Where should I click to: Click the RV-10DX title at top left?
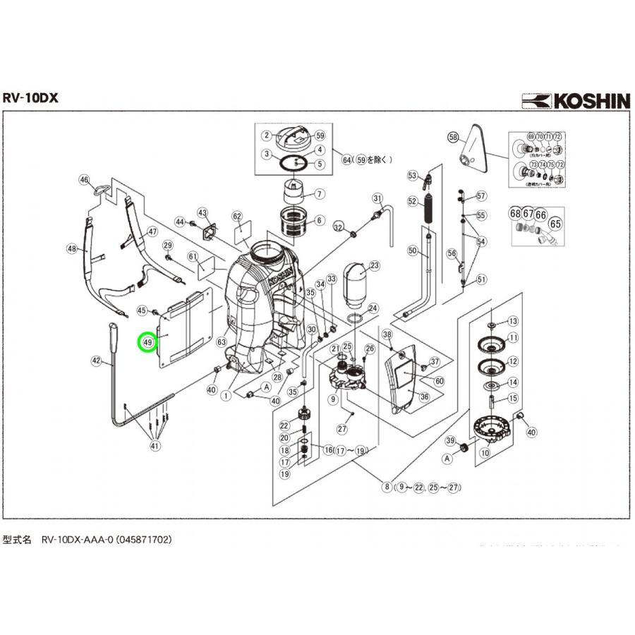click(30, 98)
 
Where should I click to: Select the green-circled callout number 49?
click(147, 342)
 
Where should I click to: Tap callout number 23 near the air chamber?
click(375, 266)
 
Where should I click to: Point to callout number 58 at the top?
click(453, 137)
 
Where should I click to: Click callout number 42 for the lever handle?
click(97, 361)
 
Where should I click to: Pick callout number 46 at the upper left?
click(85, 181)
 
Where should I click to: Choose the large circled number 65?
click(555, 224)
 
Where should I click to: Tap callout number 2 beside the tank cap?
click(267, 135)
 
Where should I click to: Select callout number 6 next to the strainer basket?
click(319, 220)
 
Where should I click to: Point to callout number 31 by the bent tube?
click(377, 198)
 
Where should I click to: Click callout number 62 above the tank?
click(237, 217)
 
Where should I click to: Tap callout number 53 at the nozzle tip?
click(412, 174)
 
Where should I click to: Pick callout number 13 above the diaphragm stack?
click(513, 321)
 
